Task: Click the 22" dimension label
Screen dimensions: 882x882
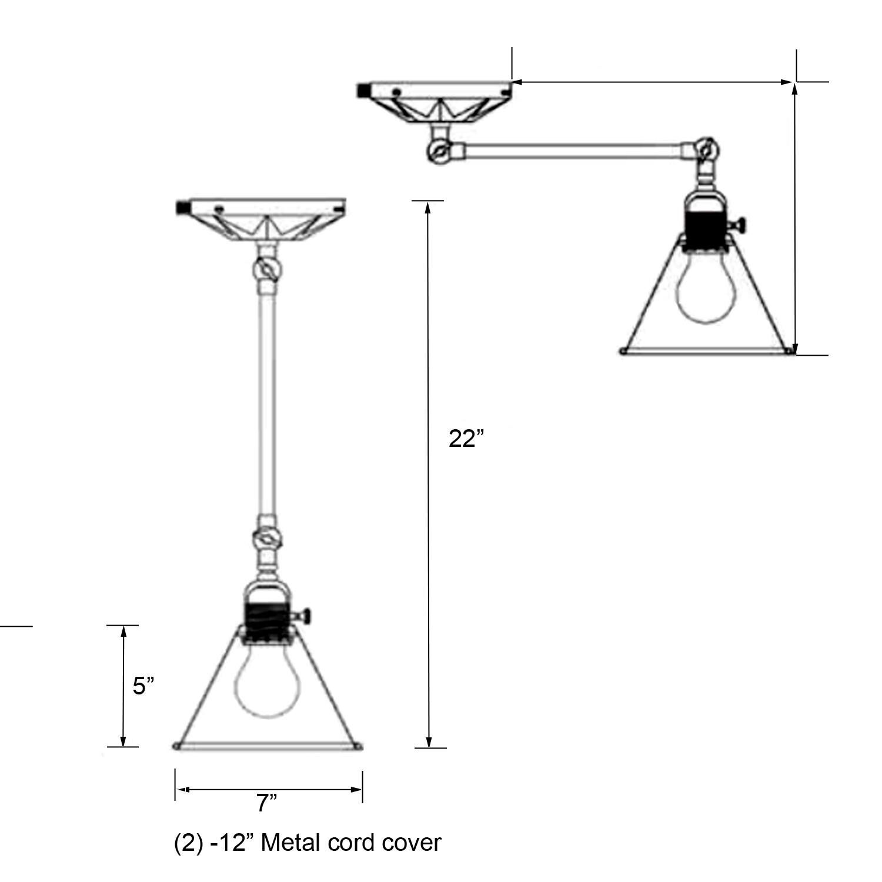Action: tap(466, 439)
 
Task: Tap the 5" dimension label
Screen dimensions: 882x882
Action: tap(143, 686)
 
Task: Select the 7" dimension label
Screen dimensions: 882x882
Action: tap(266, 803)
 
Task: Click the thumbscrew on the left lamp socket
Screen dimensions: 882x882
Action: tap(307, 616)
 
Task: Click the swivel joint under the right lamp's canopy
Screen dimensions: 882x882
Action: tap(438, 151)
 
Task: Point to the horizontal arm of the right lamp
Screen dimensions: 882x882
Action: tap(576, 149)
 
